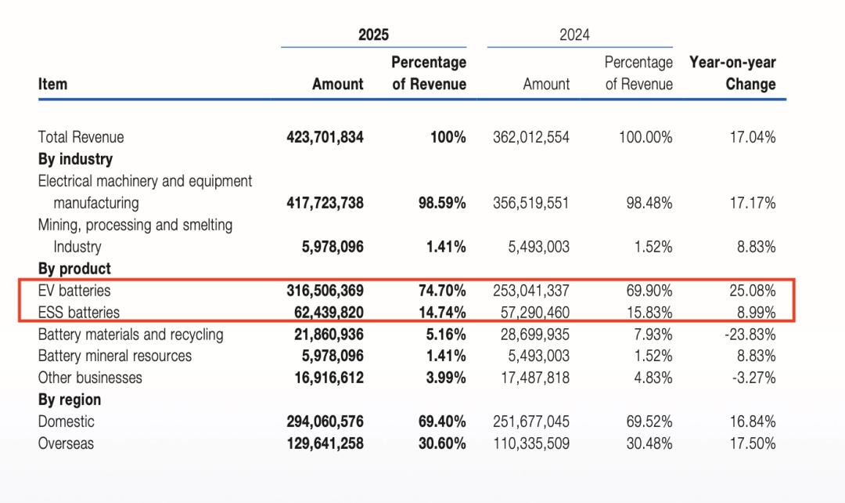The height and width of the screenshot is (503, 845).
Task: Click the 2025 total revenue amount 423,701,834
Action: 325,137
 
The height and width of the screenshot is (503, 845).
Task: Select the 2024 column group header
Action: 574,34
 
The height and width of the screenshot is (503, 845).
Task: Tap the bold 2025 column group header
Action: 373,34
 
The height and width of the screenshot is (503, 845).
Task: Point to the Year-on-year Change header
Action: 732,73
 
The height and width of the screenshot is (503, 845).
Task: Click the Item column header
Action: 52,84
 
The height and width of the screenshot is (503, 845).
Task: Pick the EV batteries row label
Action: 74,291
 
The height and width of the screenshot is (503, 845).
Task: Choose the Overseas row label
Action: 67,443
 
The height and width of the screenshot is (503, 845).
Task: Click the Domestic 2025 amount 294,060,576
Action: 325,422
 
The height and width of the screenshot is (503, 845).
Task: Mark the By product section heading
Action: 74,269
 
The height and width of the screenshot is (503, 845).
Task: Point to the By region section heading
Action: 70,400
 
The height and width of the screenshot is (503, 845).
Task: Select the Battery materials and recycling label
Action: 131,335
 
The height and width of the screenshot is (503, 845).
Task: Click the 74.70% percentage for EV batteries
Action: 442,291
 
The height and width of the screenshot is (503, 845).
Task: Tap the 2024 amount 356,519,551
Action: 531,203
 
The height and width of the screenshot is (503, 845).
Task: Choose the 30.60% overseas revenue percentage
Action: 442,443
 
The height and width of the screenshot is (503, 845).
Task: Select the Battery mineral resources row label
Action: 115,356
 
